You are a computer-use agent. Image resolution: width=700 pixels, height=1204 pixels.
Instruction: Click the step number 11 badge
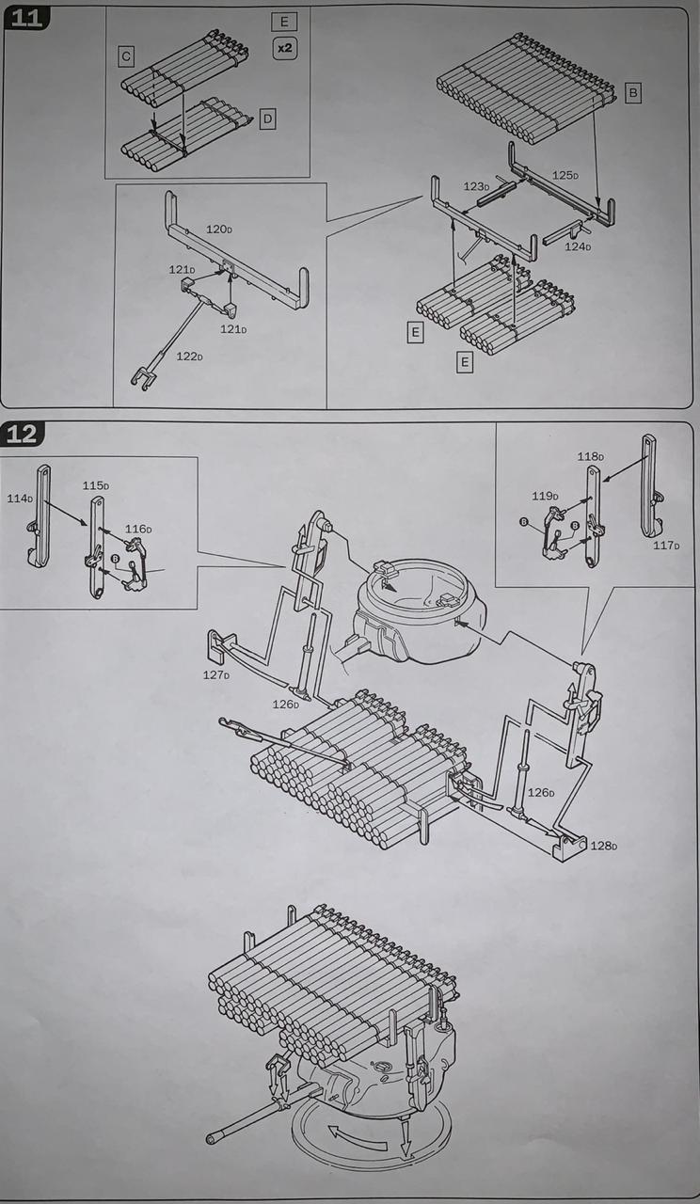click(x=26, y=17)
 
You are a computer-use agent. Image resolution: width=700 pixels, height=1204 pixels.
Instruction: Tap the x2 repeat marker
click(x=284, y=48)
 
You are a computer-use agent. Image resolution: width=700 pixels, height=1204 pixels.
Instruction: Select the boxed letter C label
click(x=126, y=57)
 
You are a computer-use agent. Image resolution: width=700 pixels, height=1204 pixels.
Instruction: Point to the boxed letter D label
click(x=267, y=119)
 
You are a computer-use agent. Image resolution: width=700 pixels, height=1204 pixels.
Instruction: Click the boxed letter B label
click(x=633, y=93)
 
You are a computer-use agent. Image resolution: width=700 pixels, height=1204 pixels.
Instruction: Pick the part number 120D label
click(x=219, y=230)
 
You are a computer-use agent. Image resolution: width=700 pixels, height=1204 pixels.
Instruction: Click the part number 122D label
click(x=189, y=356)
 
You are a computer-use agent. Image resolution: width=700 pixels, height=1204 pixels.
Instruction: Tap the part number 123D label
click(x=476, y=186)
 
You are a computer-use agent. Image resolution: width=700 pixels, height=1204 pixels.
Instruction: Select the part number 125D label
click(x=565, y=175)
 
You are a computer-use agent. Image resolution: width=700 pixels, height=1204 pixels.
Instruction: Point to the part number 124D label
click(x=578, y=246)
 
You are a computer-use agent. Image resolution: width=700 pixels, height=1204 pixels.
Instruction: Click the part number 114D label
click(x=20, y=499)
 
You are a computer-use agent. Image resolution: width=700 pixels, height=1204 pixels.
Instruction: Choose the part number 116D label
click(x=138, y=530)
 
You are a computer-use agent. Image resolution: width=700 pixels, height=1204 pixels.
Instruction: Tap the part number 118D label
click(x=590, y=456)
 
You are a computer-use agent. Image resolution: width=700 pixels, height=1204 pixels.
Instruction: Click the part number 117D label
click(x=666, y=546)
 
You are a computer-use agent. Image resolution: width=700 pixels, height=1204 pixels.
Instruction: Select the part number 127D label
click(x=216, y=674)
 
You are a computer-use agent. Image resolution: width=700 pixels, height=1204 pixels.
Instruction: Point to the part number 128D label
click(x=603, y=846)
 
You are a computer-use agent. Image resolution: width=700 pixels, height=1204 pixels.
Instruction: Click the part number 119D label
click(x=545, y=496)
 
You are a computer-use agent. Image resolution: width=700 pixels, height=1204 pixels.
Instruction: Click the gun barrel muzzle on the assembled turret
click(x=212, y=1139)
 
